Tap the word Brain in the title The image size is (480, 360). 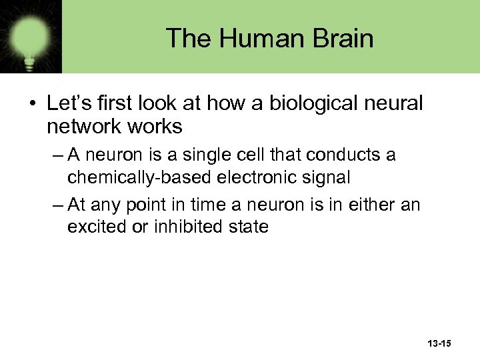point(340,38)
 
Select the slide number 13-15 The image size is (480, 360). point(437,343)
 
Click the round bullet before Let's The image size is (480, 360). point(31,104)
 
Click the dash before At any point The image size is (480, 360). point(57,205)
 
